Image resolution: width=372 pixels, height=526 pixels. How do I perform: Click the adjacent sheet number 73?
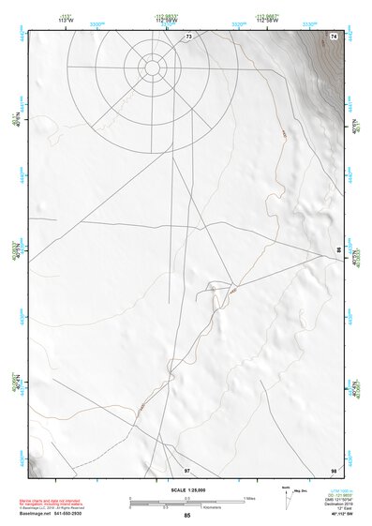188,36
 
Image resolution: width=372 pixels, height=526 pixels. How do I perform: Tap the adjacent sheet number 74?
334,36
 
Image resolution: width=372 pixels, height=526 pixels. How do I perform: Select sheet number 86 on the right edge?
339,249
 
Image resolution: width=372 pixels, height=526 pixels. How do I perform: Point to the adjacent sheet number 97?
186,470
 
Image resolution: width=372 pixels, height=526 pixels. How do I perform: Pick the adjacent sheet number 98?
334,470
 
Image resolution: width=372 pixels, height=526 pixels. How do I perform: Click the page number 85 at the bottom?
186,516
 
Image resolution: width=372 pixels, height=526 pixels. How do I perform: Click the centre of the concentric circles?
152,67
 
